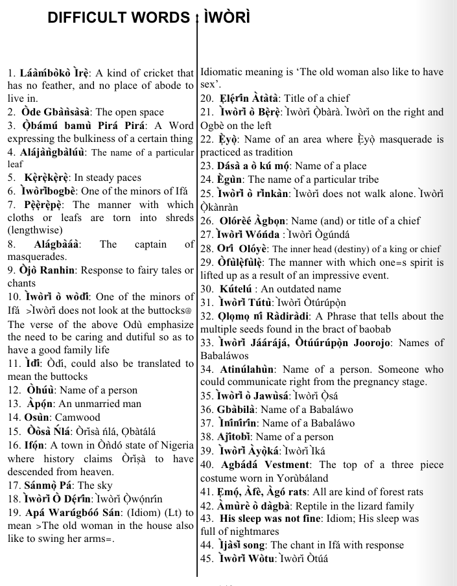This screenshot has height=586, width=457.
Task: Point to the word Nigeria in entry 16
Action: (175, 445)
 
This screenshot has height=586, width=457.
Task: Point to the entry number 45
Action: (207, 559)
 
